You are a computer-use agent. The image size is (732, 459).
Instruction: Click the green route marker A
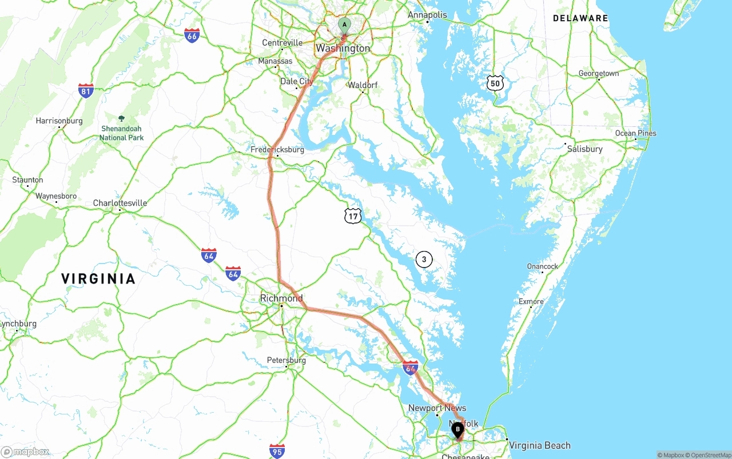click(344, 25)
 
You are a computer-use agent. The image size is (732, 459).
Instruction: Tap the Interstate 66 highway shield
click(192, 35)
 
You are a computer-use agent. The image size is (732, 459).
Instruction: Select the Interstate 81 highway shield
click(86, 90)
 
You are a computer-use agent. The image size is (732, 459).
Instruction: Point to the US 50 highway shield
click(495, 83)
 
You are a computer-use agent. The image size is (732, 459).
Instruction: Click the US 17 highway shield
click(353, 215)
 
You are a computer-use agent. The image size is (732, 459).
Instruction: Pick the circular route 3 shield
click(424, 260)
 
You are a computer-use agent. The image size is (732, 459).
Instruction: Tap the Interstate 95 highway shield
click(277, 451)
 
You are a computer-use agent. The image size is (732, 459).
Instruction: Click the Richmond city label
click(281, 298)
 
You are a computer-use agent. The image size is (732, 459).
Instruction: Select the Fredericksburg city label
click(277, 150)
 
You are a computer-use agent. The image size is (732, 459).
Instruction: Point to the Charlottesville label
click(120, 203)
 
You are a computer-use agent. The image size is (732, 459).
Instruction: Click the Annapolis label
click(427, 15)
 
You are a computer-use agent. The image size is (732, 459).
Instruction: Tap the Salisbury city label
click(584, 149)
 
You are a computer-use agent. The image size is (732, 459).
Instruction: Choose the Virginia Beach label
click(539, 445)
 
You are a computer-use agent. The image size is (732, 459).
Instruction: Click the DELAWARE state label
click(580, 18)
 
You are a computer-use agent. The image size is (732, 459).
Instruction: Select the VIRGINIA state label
click(98, 279)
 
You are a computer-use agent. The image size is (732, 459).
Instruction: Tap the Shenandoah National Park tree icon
click(121, 119)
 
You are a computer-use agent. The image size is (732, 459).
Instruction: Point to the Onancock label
click(542, 266)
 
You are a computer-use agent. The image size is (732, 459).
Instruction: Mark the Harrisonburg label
click(59, 121)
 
